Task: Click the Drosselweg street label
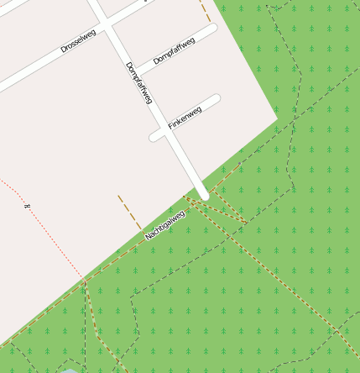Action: pyautogui.click(x=78, y=41)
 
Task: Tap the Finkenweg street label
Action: pyautogui.click(x=185, y=117)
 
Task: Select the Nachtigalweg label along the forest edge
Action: pyautogui.click(x=164, y=224)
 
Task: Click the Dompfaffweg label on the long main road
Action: pyautogui.click(x=138, y=83)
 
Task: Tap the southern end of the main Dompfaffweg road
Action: pyautogui.click(x=203, y=194)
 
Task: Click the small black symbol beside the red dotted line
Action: pyautogui.click(x=27, y=204)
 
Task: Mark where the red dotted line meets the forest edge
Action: pyautogui.click(x=84, y=280)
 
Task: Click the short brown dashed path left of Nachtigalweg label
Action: pyautogui.click(x=129, y=213)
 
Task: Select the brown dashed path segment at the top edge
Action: pyautogui.click(x=205, y=11)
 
